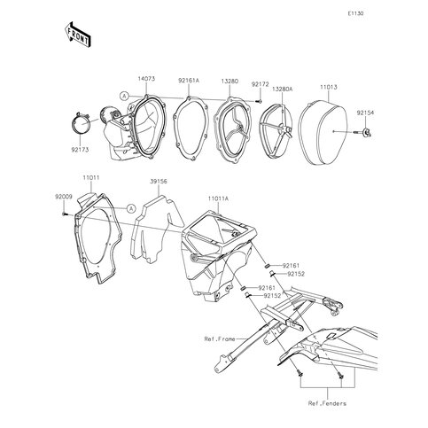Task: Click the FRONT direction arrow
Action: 77,35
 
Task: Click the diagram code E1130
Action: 355,13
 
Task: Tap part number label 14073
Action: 146,79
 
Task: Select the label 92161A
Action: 189,80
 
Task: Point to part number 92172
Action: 261,84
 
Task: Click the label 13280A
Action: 283,89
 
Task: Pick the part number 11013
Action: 328,87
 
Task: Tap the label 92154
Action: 365,113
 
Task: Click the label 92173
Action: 80,150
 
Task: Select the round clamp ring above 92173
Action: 81,123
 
